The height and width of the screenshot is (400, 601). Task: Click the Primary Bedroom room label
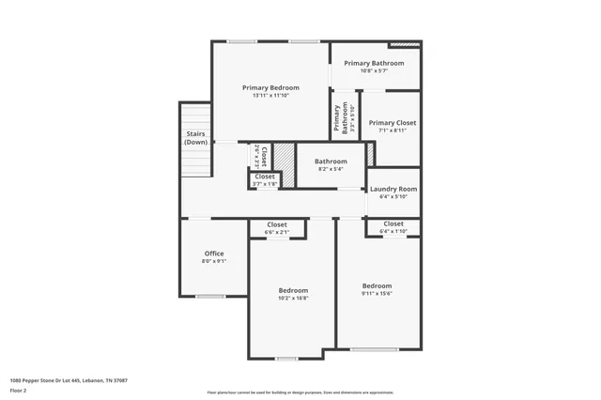pos(270,87)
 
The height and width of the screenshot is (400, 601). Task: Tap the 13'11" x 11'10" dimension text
pos(270,96)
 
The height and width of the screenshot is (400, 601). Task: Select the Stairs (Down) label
pos(195,138)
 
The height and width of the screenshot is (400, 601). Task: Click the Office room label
pos(214,253)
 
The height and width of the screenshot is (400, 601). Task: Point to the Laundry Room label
pos(393,188)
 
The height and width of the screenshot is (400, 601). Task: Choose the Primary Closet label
pos(392,122)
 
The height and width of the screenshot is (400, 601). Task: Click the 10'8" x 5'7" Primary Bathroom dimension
pos(374,71)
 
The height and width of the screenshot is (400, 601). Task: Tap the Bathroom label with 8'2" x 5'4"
pos(331,161)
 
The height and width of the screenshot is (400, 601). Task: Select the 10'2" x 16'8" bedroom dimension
pos(293,299)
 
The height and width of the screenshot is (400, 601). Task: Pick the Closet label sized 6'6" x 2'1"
pos(277,224)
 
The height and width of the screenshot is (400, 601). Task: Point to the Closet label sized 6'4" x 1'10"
pos(393,223)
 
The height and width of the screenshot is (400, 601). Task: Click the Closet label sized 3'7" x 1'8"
pos(265,177)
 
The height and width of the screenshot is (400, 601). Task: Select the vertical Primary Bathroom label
pos(339,119)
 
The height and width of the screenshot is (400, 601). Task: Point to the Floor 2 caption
pos(19,390)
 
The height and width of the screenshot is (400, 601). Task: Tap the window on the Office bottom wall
pos(209,297)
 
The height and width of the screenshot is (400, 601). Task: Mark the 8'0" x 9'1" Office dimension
pos(214,261)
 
